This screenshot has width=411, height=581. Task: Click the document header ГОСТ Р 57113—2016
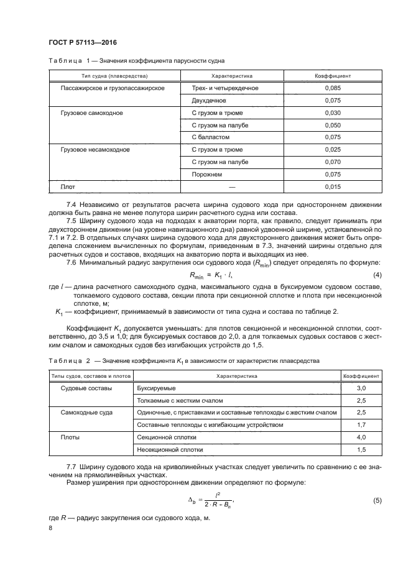[82, 42]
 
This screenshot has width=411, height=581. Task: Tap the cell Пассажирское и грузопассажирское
[112, 88]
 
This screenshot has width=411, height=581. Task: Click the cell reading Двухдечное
[209, 100]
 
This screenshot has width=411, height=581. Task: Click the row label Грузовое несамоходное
[95, 150]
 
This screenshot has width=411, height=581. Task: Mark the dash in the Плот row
[232, 186]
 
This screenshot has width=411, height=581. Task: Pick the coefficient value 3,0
[361, 388]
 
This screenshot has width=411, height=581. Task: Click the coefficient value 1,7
[361, 425]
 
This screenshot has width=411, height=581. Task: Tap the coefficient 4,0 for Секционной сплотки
[361, 437]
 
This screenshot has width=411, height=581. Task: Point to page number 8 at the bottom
[51, 528]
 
